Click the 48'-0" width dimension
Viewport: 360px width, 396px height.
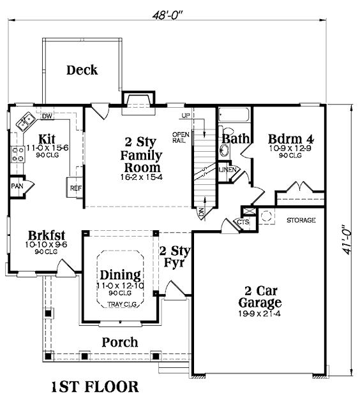[x=167, y=15]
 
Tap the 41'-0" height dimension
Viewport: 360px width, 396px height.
[x=346, y=239]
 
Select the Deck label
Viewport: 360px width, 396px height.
[x=82, y=70]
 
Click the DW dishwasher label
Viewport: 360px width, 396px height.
[x=47, y=116]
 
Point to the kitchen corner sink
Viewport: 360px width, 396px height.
[x=26, y=122]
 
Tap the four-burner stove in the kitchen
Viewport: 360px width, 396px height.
[x=18, y=154]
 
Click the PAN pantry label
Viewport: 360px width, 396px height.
[x=17, y=186]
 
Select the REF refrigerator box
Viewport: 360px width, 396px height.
[x=75, y=187]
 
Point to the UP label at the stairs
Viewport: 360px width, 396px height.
[x=186, y=115]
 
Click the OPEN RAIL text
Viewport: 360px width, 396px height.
[x=181, y=137]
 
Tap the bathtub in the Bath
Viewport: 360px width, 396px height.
[x=234, y=115]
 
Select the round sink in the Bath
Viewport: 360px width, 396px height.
[x=224, y=150]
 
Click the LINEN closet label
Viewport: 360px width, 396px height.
[x=227, y=170]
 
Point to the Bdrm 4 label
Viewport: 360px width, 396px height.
[x=290, y=139]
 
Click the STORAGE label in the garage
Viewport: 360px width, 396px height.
[x=301, y=220]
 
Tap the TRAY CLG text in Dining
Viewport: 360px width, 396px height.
[x=122, y=304]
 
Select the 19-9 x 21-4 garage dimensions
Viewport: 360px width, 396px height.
[x=260, y=314]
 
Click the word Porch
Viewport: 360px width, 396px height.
[x=120, y=342]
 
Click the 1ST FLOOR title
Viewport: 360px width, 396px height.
[x=95, y=386]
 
